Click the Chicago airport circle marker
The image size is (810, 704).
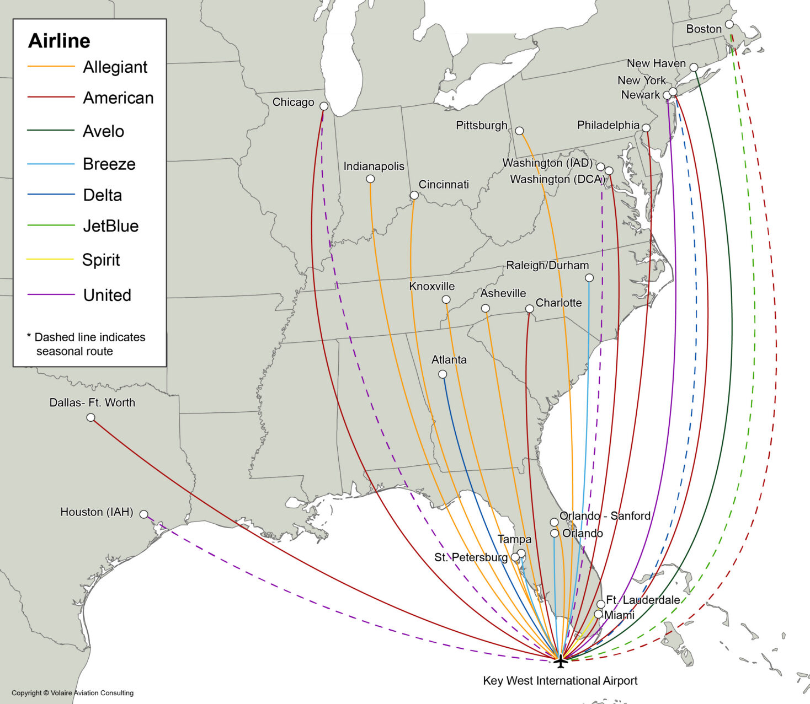[x=324, y=106]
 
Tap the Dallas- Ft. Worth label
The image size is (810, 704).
[x=92, y=402]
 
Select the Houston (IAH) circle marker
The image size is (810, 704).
[x=143, y=514]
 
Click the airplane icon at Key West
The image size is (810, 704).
[x=561, y=660]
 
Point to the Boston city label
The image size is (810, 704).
[x=704, y=29]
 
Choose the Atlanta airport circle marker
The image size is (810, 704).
[x=443, y=374]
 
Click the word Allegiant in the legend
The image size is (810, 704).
[x=115, y=67]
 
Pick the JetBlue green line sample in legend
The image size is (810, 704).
[x=51, y=225]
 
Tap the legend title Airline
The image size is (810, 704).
[x=59, y=41]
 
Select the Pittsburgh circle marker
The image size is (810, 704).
[x=519, y=131]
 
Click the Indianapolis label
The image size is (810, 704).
[x=374, y=166]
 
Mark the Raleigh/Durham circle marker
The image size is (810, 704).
[x=589, y=278]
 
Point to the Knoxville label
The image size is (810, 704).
[x=431, y=286]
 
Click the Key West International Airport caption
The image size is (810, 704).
[x=560, y=681]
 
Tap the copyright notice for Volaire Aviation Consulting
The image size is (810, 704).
[x=72, y=693]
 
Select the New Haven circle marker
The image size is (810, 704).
[x=694, y=67]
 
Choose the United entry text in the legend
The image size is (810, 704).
[x=107, y=295]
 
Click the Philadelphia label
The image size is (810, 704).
[x=608, y=125]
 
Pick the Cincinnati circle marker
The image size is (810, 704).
[x=414, y=195]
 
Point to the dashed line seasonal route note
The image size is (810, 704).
[x=86, y=344]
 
